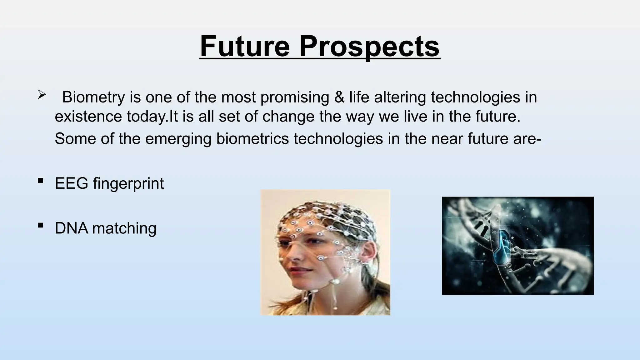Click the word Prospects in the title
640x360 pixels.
(x=369, y=47)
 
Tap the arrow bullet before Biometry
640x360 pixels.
(x=42, y=94)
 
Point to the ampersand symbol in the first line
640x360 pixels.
(x=339, y=97)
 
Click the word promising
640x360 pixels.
(x=295, y=97)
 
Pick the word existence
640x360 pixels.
(x=88, y=117)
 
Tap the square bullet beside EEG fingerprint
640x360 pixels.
(x=40, y=181)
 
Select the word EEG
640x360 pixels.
(x=72, y=183)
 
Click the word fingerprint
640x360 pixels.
(x=128, y=184)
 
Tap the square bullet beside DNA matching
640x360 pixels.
(x=40, y=225)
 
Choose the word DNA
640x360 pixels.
(x=72, y=228)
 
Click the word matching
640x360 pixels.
(x=124, y=228)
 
